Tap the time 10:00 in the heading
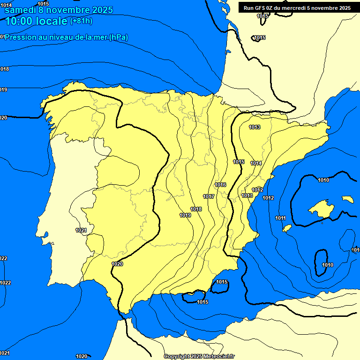(19, 21)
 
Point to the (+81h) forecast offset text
(81, 21)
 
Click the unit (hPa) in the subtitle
(119, 37)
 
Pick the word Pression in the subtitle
(21, 37)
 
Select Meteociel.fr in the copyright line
(219, 357)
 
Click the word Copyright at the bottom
(177, 357)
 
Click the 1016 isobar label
(220, 185)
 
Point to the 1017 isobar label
(209, 196)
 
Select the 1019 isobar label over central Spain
(185, 215)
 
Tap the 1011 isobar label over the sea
(280, 218)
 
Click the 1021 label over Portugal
(81, 230)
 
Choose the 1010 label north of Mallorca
(323, 180)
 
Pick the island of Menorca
(347, 199)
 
